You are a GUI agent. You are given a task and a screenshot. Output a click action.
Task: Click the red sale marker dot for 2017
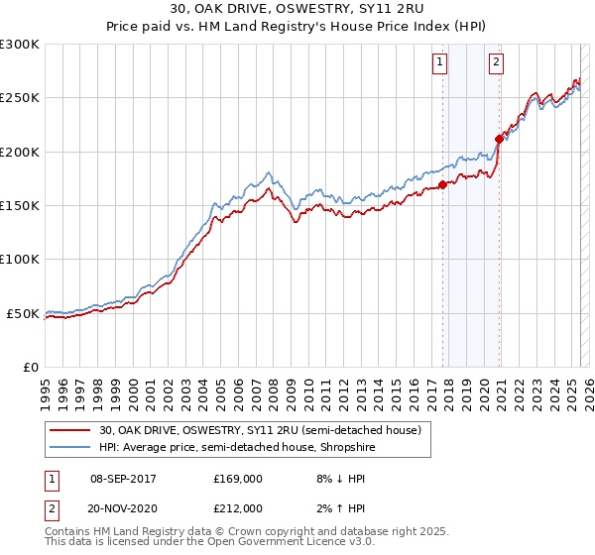pos(442,185)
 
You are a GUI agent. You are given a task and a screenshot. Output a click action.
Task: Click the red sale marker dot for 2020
pos(499,139)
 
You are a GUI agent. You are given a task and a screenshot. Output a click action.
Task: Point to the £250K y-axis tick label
pos(20,98)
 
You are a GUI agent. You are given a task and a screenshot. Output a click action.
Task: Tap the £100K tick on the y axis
pos(20,259)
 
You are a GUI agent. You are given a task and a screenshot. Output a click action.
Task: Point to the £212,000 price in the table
pos(238,507)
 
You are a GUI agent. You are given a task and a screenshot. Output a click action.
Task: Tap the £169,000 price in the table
pos(238,478)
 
